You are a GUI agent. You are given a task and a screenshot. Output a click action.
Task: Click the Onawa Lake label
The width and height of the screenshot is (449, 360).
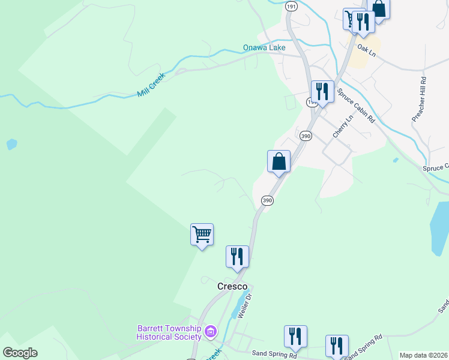264,47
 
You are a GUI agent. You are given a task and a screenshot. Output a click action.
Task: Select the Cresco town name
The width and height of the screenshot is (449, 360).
232,287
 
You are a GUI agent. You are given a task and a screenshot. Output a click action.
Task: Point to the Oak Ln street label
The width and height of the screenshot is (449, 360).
366,50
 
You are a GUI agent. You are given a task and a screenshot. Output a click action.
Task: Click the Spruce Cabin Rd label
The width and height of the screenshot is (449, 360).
355,104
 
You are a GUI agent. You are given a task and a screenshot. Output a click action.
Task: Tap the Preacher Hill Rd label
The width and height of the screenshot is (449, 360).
419,99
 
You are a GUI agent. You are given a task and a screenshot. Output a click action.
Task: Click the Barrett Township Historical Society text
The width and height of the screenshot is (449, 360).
169,332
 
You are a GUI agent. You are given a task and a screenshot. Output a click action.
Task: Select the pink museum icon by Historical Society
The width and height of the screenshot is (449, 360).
210,331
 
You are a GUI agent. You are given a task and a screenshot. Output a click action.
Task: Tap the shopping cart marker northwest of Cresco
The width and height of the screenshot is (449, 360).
202,234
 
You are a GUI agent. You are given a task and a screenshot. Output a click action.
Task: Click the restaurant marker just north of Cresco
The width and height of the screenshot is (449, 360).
237,256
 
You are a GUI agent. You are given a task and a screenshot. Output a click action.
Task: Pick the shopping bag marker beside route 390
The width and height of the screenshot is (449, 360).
279,161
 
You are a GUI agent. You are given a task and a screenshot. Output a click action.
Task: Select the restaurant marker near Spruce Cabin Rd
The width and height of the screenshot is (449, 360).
322,92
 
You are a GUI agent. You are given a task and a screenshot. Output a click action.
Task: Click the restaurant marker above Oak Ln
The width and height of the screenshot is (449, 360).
363,22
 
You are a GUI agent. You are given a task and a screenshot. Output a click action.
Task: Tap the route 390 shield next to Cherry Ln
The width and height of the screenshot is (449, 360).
306,136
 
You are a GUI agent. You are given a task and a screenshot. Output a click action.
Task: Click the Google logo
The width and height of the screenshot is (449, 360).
20,353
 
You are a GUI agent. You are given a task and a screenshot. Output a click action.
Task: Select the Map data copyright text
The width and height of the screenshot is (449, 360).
423,355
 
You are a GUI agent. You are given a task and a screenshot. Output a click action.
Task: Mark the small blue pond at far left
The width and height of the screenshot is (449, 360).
11,145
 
